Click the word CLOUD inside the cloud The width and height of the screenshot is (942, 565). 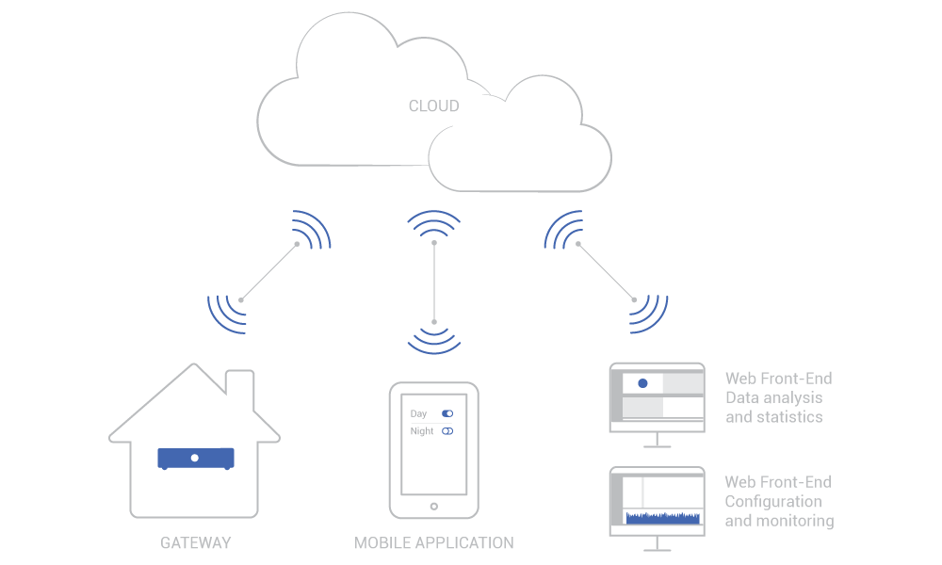pyautogui.click(x=433, y=106)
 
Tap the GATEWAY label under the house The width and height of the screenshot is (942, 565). pyautogui.click(x=195, y=543)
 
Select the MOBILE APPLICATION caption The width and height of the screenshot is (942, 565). pyautogui.click(x=433, y=543)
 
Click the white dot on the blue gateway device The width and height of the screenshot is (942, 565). pyautogui.click(x=195, y=458)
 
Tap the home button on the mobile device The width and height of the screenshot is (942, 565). pyautogui.click(x=433, y=507)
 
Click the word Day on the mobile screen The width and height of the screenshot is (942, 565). pyautogui.click(x=419, y=414)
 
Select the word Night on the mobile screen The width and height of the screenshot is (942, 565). pyautogui.click(x=422, y=431)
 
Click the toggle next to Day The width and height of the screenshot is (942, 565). pyautogui.click(x=448, y=414)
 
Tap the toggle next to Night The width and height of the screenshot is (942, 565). pyautogui.click(x=448, y=431)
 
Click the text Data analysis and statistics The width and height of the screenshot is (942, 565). pyautogui.click(x=774, y=407)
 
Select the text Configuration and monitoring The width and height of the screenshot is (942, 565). pyautogui.click(x=778, y=510)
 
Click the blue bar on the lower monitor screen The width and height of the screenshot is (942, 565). pyautogui.click(x=663, y=518)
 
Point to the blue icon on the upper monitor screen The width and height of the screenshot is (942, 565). pyautogui.click(x=642, y=383)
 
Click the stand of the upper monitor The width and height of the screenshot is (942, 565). pyautogui.click(x=658, y=440)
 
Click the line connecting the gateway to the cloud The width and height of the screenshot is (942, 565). pyautogui.click(x=268, y=272)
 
